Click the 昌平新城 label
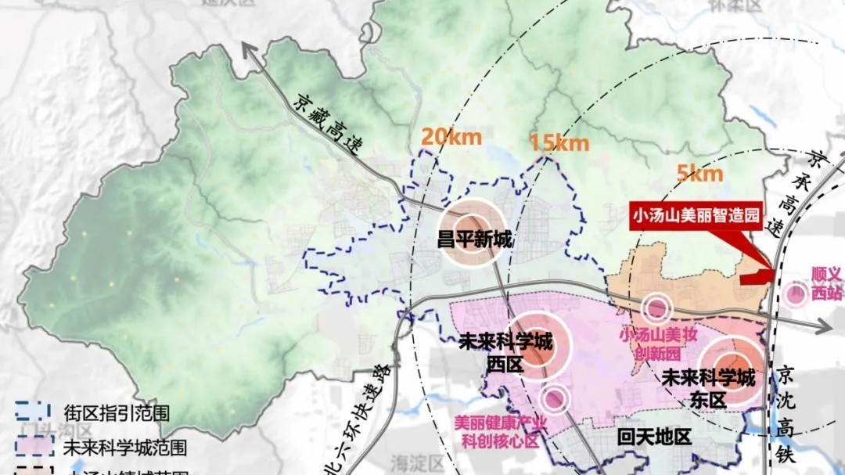tap(475, 238)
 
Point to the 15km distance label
tap(559, 143)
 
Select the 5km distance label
tap(699, 173)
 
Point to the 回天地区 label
tap(654, 437)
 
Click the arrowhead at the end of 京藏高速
tap(250, 51)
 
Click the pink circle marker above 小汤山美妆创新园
tap(657, 308)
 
